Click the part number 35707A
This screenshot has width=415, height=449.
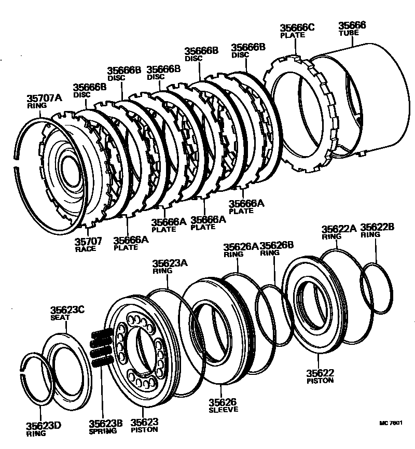pos(44,97)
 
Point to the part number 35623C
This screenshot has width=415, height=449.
pos(67,311)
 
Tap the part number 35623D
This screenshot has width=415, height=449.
pos(44,426)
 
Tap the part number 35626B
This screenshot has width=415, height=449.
pos(277,246)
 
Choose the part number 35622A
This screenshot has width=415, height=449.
pos(339,229)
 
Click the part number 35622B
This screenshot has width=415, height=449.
pos(378,227)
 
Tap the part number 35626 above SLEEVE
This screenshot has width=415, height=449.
pos(223,402)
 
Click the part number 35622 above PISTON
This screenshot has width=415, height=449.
pos(320,373)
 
